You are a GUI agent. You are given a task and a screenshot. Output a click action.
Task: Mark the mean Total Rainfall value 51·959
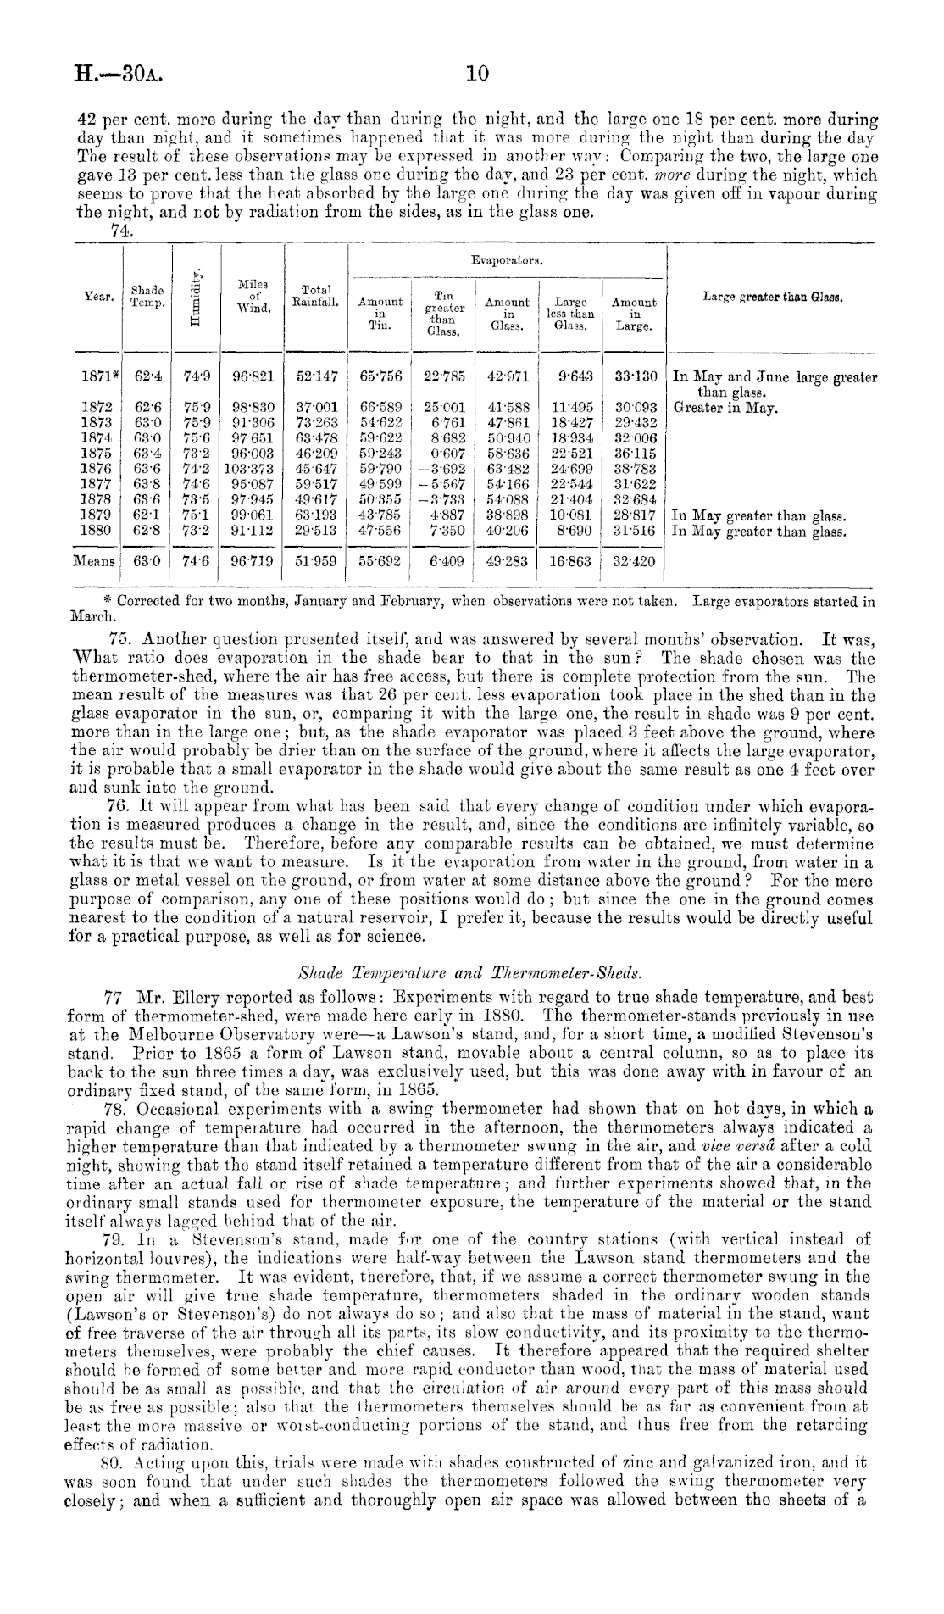(x=316, y=561)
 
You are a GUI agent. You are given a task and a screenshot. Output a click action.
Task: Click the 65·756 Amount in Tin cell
(x=380, y=377)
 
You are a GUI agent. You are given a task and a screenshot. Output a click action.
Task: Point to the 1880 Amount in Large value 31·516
(x=634, y=532)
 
